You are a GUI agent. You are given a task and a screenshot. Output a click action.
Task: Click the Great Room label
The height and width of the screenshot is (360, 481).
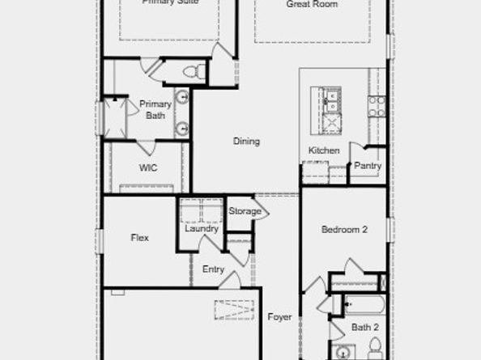312,4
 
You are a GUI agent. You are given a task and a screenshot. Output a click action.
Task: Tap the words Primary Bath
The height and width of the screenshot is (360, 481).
155,109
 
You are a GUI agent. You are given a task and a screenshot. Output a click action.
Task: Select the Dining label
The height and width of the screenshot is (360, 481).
246,142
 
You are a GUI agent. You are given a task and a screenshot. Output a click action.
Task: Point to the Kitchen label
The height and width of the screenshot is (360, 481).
323,150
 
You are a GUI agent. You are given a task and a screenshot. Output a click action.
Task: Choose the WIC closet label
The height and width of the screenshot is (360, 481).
147,168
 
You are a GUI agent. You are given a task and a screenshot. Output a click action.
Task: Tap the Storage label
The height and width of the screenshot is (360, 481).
245,211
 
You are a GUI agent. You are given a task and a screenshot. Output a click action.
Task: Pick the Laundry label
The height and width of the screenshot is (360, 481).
201,229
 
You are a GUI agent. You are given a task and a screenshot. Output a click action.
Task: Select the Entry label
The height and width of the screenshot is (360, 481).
213,269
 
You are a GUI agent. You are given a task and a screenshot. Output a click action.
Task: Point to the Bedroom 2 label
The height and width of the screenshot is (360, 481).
344,230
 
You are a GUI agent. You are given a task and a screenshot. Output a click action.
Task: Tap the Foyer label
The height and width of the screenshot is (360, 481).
279,317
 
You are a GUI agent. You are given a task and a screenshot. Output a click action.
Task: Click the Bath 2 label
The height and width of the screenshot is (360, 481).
365,327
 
